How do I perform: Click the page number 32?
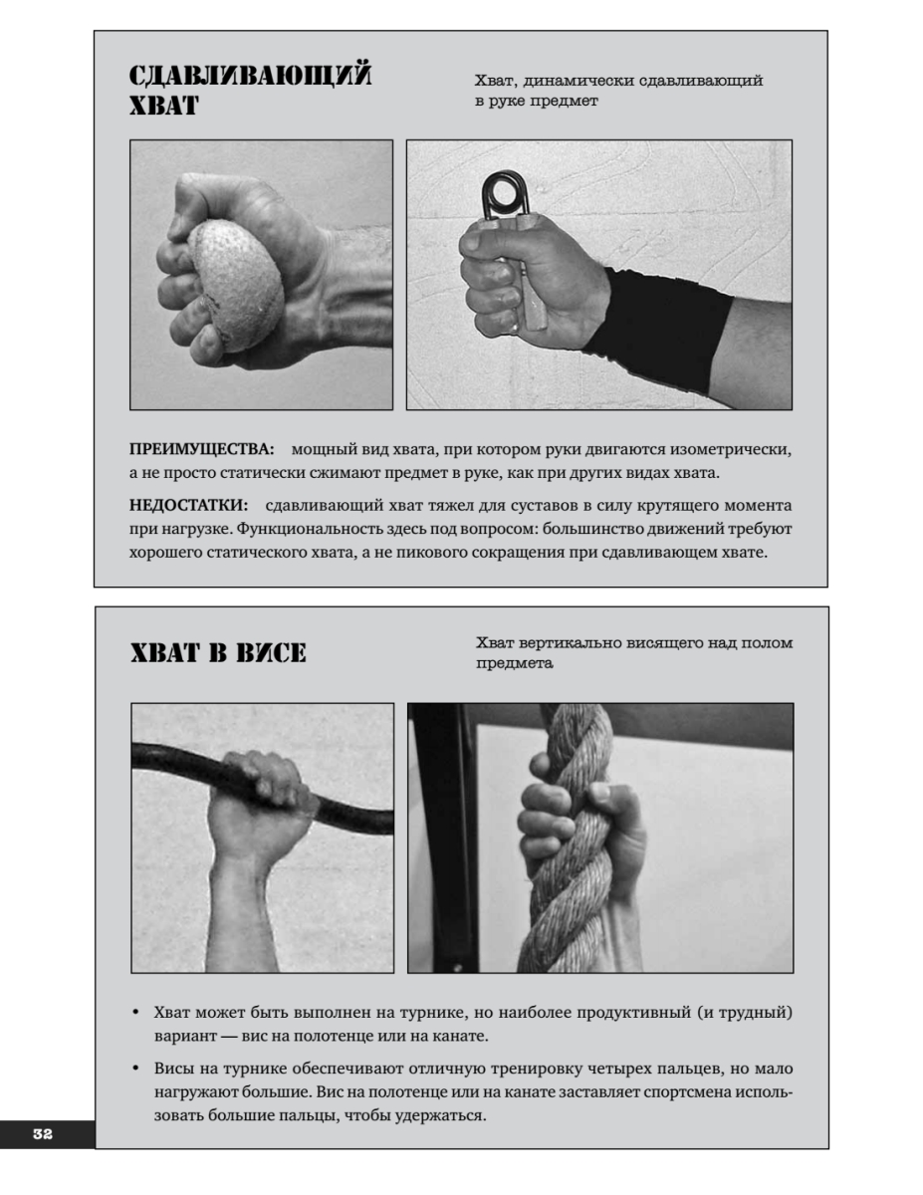[43, 1133]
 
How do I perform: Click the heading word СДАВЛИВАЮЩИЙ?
[250, 76]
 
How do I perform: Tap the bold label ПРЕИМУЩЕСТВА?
[202, 449]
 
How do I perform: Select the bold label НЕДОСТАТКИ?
[188, 505]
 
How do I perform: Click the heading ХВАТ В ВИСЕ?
[218, 652]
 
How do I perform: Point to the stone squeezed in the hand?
[236, 285]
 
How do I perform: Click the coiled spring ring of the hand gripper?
[503, 194]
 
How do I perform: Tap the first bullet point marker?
[136, 1013]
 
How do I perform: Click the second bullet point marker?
[136, 1069]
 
